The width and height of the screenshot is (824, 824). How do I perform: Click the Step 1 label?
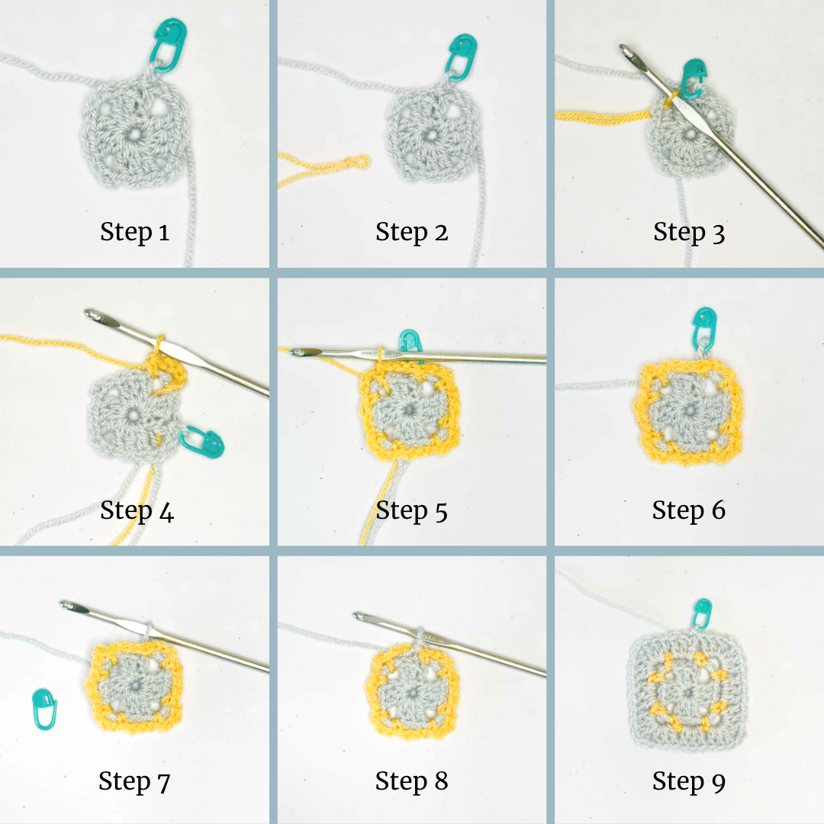[x=134, y=232]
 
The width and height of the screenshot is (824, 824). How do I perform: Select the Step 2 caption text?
[x=411, y=232]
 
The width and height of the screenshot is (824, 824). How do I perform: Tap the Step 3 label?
[x=689, y=232]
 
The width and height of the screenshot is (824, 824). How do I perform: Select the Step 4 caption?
[x=137, y=510]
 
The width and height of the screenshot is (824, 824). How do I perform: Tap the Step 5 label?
[x=411, y=510]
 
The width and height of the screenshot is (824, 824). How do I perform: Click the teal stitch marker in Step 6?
[x=702, y=326]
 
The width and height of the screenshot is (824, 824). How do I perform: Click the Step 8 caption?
[x=411, y=781]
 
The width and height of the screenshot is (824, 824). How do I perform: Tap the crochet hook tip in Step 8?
[x=359, y=615]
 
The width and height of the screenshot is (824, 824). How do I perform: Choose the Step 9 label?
[x=689, y=781]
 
